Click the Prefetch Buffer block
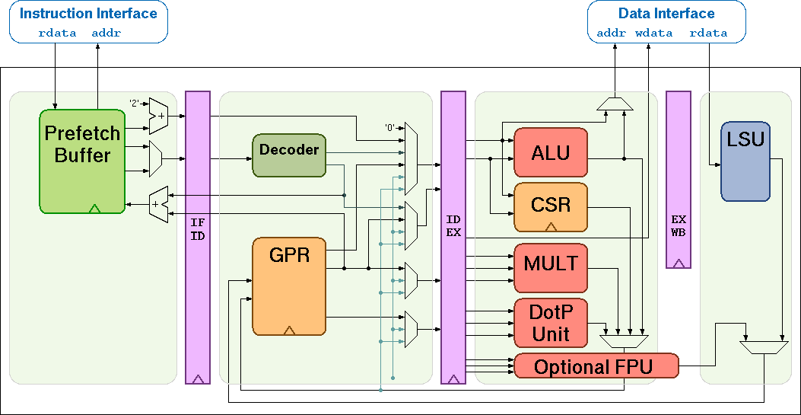[82, 161]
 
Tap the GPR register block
[289, 286]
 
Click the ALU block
[551, 152]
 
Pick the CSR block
[551, 206]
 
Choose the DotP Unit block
[551, 322]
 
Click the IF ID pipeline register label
[198, 229]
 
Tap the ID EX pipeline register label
[453, 226]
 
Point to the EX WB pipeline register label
[679, 226]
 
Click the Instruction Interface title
[88, 14]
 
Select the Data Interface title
[666, 14]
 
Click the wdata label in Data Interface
[654, 34]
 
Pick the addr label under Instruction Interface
[106, 34]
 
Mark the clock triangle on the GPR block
[289, 330]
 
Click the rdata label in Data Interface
[708, 34]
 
